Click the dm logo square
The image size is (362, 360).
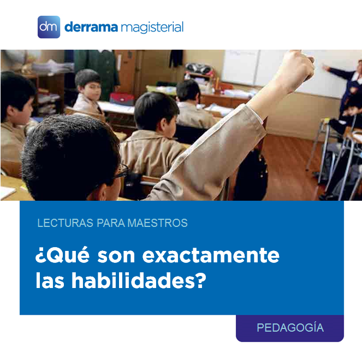point(49,27)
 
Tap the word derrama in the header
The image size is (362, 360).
point(91,27)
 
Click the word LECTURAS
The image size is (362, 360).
point(66,223)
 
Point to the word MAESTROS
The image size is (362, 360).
point(158,223)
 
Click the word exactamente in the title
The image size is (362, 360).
point(211,255)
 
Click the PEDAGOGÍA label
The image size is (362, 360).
point(290,327)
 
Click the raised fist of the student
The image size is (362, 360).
point(297,67)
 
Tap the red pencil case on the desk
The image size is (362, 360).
point(122,99)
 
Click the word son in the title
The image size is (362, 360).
point(116,256)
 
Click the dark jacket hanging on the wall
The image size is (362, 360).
point(176,58)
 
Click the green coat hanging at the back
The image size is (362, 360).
point(97,71)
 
